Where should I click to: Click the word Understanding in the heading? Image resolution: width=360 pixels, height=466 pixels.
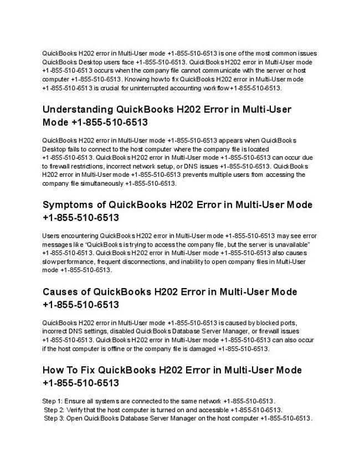coord(78,109)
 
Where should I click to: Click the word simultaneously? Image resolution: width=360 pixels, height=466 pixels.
coord(105,183)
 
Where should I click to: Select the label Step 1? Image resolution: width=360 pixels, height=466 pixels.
coord(53,401)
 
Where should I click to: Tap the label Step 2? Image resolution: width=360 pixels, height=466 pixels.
coord(54,409)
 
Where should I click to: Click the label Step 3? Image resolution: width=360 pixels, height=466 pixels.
coord(54,418)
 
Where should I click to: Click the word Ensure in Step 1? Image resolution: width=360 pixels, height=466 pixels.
coord(74,401)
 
